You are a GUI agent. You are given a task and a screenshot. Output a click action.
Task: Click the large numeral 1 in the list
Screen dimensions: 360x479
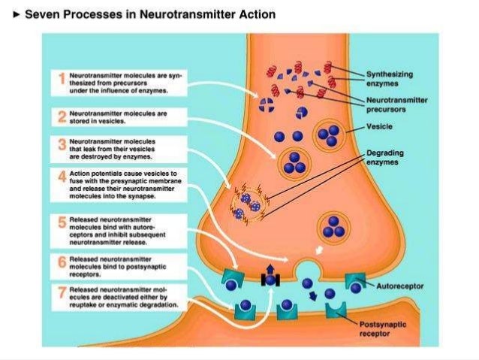tap(61, 78)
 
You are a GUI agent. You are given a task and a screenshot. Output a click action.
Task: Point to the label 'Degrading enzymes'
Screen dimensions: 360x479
tap(385, 156)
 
